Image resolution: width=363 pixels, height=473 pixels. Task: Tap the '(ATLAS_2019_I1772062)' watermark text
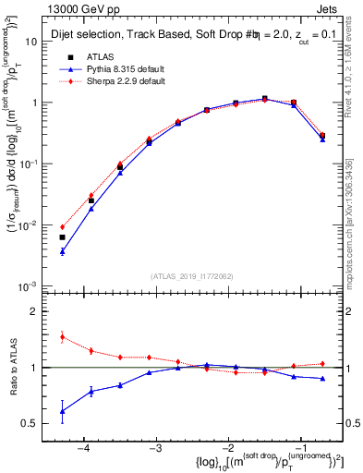pos(191,275)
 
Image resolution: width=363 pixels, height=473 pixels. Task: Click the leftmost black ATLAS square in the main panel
pos(62,237)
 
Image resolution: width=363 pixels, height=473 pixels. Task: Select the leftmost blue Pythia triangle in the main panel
pos(62,251)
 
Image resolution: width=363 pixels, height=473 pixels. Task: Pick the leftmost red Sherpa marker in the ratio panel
pos(62,337)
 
